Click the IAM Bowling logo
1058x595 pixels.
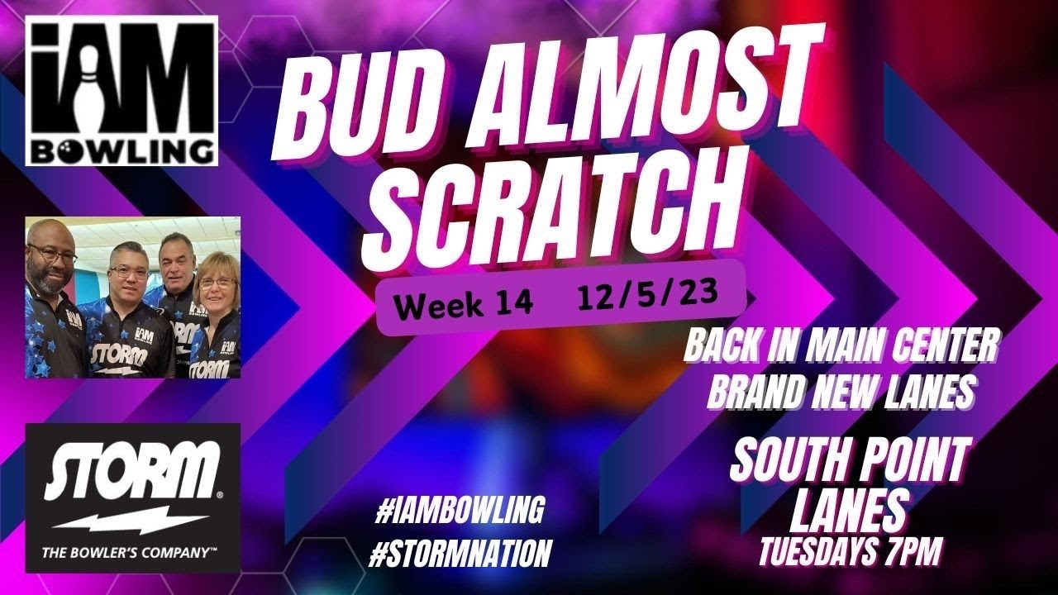coord(122,90)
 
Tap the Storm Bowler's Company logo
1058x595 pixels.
coord(132,497)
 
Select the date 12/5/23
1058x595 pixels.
coord(647,295)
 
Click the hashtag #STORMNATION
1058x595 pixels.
coord(460,554)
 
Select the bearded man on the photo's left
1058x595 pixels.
coord(51,256)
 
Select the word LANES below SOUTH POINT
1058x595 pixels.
coord(849,511)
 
